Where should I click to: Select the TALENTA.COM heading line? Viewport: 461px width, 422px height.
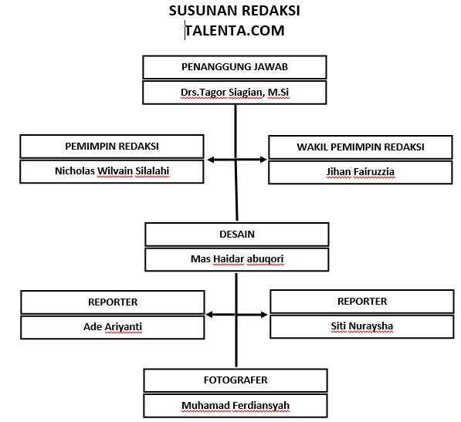click(234, 31)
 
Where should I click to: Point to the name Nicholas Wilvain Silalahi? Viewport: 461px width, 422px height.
click(113, 172)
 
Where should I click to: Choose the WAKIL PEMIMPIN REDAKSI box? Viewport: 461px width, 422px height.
click(360, 147)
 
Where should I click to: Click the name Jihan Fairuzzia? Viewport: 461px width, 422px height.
click(360, 172)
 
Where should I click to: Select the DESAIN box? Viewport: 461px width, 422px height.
click(236, 234)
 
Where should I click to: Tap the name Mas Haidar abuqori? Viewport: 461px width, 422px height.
click(236, 259)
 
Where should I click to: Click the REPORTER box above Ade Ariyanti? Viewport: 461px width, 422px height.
click(113, 302)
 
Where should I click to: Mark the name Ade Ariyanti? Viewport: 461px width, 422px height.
click(113, 326)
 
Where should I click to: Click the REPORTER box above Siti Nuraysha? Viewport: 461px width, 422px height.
click(361, 301)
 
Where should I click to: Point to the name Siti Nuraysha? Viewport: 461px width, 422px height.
click(361, 326)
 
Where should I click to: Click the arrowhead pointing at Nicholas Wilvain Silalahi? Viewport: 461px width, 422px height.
click(212, 160)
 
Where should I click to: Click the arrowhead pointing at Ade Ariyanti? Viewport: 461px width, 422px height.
click(212, 315)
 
